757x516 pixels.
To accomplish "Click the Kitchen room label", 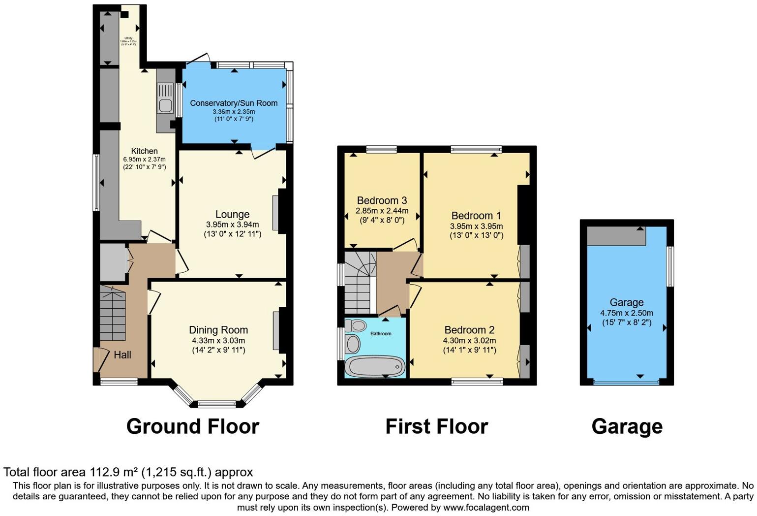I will (x=144, y=151).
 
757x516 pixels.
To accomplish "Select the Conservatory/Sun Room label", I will (x=234, y=103).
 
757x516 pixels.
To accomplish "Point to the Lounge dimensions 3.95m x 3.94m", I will (x=232, y=225).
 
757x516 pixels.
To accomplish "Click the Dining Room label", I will (x=218, y=330).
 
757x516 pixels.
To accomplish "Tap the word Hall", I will (x=122, y=355).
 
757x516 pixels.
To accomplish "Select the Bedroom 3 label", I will (x=382, y=200).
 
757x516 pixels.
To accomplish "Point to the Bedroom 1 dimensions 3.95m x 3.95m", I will (x=476, y=226).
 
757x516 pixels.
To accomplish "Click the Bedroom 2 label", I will (x=469, y=330).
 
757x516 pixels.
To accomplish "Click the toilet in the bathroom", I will (x=357, y=325).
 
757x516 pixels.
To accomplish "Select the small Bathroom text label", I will (x=381, y=334).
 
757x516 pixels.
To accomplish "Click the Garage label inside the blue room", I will (x=626, y=302).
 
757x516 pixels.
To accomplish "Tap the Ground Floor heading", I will (x=192, y=426).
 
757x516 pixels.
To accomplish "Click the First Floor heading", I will (x=436, y=426).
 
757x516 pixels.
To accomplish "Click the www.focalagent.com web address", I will (x=486, y=508).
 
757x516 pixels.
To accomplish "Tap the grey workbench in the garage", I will (x=616, y=237).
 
